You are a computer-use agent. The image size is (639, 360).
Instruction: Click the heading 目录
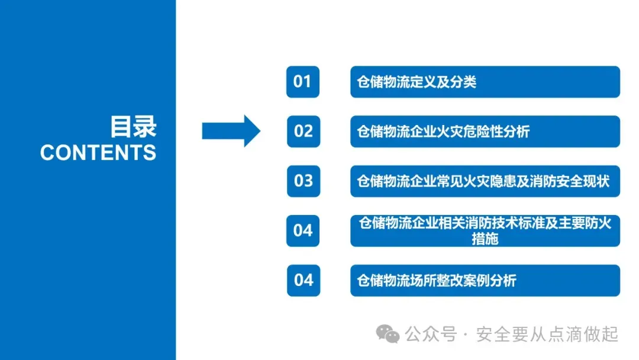(133, 127)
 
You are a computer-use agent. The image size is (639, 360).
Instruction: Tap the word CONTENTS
(98, 153)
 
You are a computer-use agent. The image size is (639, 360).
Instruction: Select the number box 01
(302, 82)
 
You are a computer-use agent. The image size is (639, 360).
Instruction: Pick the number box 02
(303, 131)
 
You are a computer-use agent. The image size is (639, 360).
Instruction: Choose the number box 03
(303, 181)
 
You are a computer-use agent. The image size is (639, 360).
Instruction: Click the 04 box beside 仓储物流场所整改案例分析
(303, 279)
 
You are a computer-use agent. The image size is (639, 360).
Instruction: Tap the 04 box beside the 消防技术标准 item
(303, 230)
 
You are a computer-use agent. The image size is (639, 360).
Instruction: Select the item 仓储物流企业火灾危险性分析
(443, 131)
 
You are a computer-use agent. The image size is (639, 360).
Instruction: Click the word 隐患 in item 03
(509, 181)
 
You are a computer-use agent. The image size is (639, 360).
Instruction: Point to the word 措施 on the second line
(485, 239)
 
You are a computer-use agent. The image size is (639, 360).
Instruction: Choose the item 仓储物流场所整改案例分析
(437, 279)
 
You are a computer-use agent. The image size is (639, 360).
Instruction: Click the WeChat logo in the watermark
(389, 335)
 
